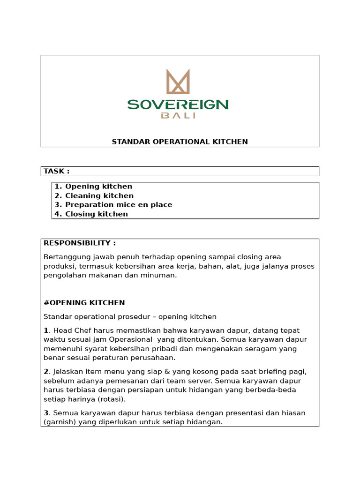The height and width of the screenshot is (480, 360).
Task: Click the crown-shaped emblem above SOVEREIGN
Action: pos(178,82)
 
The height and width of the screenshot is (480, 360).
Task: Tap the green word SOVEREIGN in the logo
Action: pos(178,104)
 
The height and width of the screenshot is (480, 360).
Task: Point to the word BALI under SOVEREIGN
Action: pos(178,116)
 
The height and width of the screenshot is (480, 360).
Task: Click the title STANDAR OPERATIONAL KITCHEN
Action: pos(180,142)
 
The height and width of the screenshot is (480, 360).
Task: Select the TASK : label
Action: pos(56,171)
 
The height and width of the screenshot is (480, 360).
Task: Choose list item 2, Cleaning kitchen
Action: pos(94,195)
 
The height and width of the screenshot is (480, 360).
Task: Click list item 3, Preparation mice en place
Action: pos(113,205)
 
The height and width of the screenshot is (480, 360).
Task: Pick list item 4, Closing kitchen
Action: pos(91,214)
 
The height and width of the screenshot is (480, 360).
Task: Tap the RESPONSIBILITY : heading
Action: pos(79,243)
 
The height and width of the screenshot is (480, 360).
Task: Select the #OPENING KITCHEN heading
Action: pos(84,303)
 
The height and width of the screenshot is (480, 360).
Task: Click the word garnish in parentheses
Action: pos(59,422)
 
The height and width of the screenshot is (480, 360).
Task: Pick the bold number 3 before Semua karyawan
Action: pos(45,413)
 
